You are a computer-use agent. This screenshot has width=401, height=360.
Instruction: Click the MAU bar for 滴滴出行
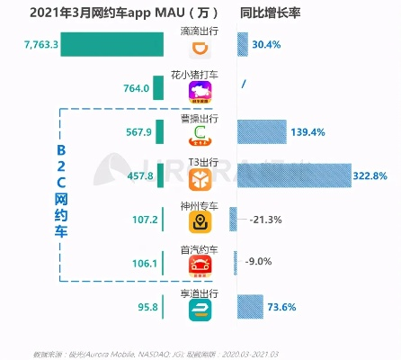click(x=113, y=44)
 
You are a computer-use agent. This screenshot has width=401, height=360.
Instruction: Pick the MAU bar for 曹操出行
click(x=160, y=131)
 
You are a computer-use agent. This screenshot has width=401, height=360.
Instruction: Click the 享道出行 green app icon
click(x=200, y=310)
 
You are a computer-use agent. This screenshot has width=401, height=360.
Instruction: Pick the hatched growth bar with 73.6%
click(x=250, y=306)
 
